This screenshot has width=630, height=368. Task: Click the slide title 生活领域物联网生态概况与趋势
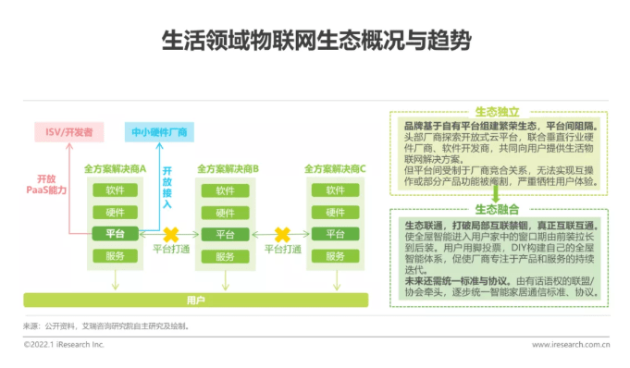315,41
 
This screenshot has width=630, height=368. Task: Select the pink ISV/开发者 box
69,132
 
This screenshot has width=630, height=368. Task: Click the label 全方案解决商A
116,169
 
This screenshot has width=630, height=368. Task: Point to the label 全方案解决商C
337,169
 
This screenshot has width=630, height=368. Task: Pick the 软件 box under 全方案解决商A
116,190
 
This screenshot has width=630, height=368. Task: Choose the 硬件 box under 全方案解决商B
227,212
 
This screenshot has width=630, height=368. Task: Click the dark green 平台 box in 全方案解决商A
116,233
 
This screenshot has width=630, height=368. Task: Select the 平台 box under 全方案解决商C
337,233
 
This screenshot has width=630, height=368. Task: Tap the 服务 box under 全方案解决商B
227,255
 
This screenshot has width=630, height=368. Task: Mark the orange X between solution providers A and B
171,233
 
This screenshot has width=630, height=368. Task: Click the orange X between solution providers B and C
282,233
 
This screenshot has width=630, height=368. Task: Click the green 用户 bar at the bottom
195,300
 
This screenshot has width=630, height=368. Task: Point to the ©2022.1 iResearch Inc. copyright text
64,345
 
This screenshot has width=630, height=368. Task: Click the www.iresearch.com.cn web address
570,345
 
